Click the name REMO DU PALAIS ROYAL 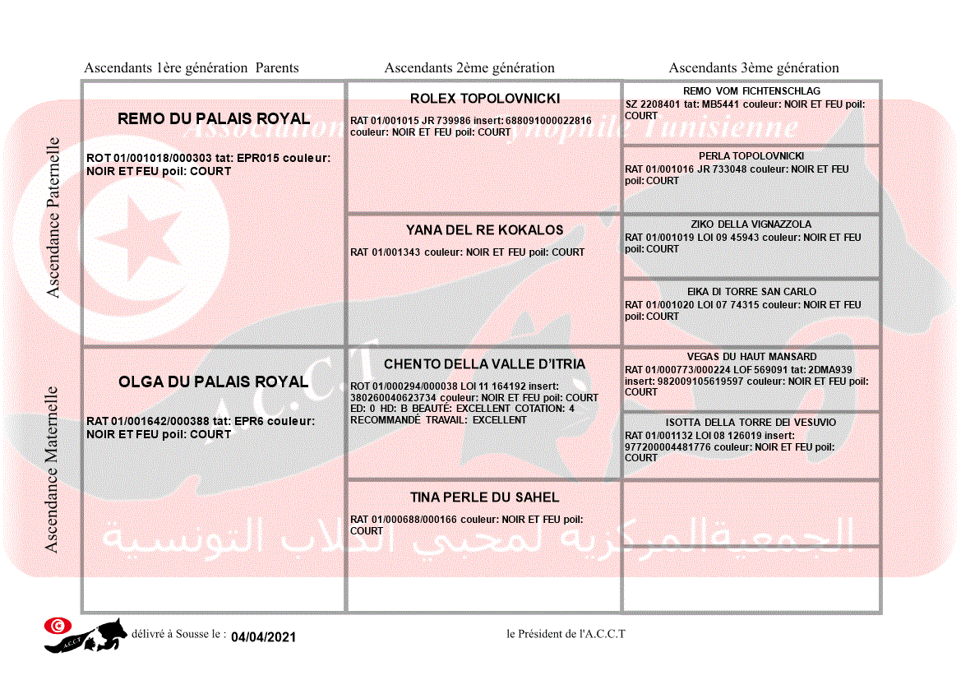click(x=214, y=118)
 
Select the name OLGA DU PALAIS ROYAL click(x=213, y=382)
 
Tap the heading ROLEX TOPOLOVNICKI click(x=484, y=99)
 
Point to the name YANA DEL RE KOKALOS click(x=484, y=230)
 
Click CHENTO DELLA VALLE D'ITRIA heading click(x=484, y=364)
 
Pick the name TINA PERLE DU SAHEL click(x=484, y=497)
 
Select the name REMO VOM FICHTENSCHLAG click(x=751, y=91)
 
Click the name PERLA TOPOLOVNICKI click(x=751, y=156)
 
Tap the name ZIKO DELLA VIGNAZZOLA click(x=751, y=224)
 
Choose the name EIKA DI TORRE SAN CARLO click(x=751, y=292)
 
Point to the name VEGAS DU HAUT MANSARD click(x=751, y=357)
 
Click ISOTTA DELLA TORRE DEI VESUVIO click(x=751, y=423)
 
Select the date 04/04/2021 click(x=263, y=637)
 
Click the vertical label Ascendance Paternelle click(x=53, y=218)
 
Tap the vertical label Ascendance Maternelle click(x=52, y=470)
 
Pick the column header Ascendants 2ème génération click(x=469, y=68)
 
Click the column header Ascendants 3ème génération click(x=754, y=68)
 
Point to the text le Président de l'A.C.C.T click(x=566, y=634)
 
